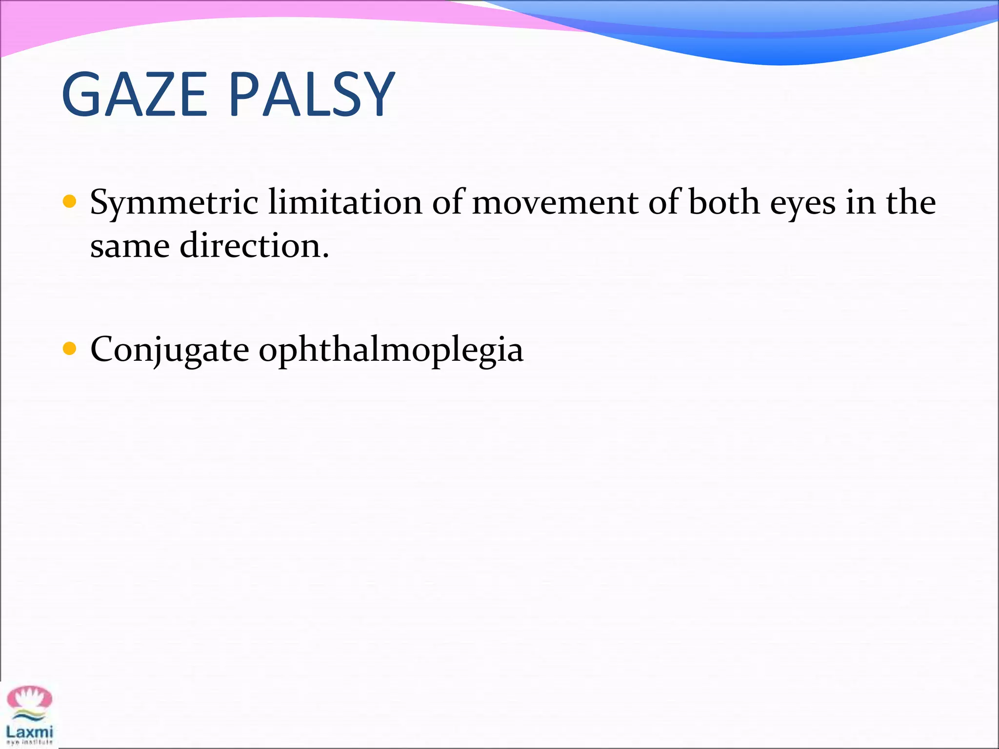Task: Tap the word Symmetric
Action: (x=174, y=202)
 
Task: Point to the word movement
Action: (x=555, y=202)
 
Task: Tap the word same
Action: (x=130, y=246)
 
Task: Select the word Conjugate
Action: (x=170, y=350)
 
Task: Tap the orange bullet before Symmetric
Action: (x=70, y=201)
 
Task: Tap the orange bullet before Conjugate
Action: (x=70, y=349)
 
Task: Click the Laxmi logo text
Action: (x=29, y=732)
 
